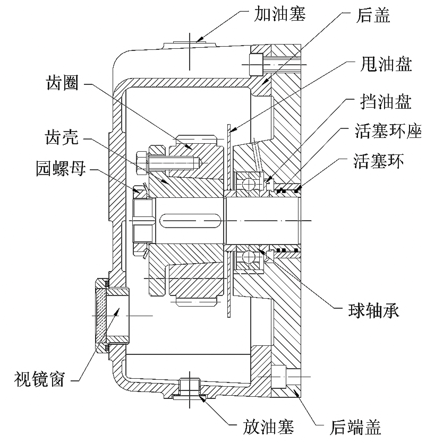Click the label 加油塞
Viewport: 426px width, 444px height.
pyautogui.click(x=279, y=14)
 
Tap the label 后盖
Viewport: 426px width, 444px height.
pyautogui.click(x=373, y=15)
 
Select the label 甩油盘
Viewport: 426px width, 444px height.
pyautogui.click(x=386, y=64)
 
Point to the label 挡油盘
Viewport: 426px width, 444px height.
pyautogui.click(x=386, y=101)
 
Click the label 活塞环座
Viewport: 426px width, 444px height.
pyautogui.click(x=388, y=131)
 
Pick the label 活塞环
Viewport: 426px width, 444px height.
pyautogui.click(x=379, y=161)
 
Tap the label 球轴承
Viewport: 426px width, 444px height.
pyautogui.click(x=374, y=311)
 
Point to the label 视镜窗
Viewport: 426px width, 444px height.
pyautogui.click(x=39, y=379)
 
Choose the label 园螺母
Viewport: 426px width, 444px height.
pyautogui.click(x=61, y=169)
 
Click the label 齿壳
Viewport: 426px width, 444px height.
pyautogui.click(x=62, y=138)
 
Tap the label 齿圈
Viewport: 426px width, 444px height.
pyautogui.click(x=62, y=83)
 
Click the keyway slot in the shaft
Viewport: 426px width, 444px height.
pyautogui.click(x=190, y=220)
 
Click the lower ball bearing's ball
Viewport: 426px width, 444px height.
pyautogui.click(x=248, y=257)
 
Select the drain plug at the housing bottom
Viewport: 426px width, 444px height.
pyautogui.click(x=190, y=388)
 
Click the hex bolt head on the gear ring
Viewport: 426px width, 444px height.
pyautogui.click(x=142, y=162)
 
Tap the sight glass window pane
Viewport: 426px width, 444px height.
pyautogui.click(x=100, y=316)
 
